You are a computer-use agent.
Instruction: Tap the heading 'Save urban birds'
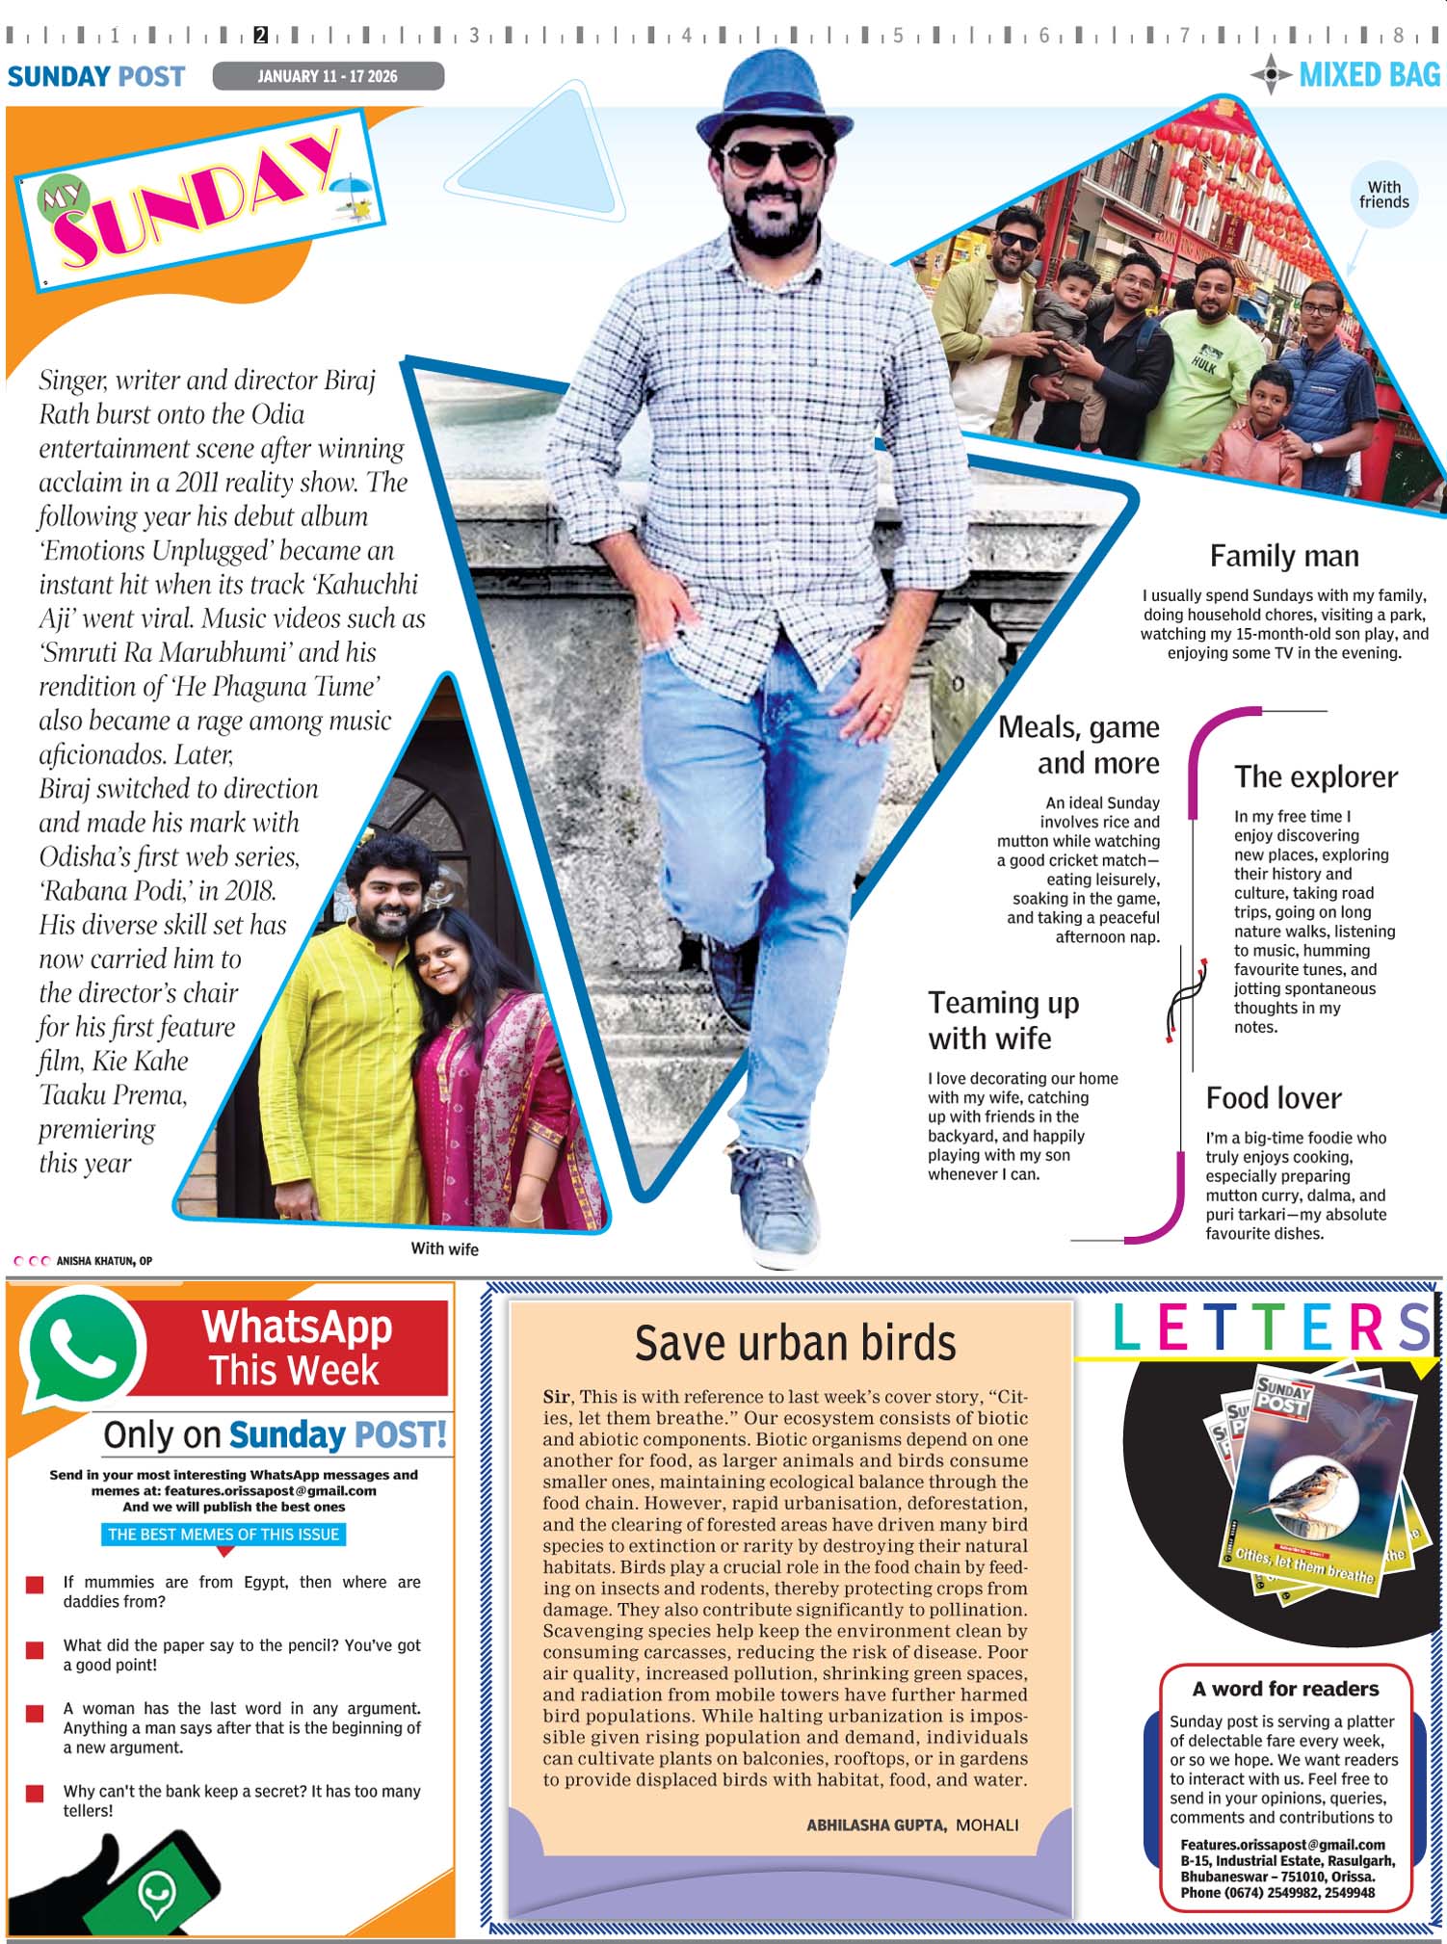pyautogui.click(x=795, y=1343)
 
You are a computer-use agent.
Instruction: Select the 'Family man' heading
pyautogui.click(x=1283, y=556)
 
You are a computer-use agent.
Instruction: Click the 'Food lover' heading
pyautogui.click(x=1273, y=1098)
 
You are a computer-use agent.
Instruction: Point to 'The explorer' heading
pyautogui.click(x=1315, y=776)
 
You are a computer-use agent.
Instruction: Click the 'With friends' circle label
pyautogui.click(x=1383, y=195)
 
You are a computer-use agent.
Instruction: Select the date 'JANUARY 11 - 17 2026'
pyautogui.click(x=328, y=76)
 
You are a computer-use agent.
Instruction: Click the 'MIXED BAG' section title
pyautogui.click(x=1368, y=75)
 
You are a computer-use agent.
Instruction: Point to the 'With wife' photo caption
pyautogui.click(x=444, y=1248)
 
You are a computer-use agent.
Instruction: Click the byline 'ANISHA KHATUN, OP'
pyautogui.click(x=104, y=1260)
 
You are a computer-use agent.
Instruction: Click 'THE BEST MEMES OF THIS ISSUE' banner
pyautogui.click(x=224, y=1535)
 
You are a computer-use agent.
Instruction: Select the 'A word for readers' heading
pyautogui.click(x=1284, y=1689)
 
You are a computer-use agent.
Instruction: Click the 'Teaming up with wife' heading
pyautogui.click(x=1003, y=1020)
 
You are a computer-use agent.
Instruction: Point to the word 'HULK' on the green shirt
pyautogui.click(x=1203, y=365)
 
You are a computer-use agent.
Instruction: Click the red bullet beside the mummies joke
pyautogui.click(x=35, y=1585)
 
